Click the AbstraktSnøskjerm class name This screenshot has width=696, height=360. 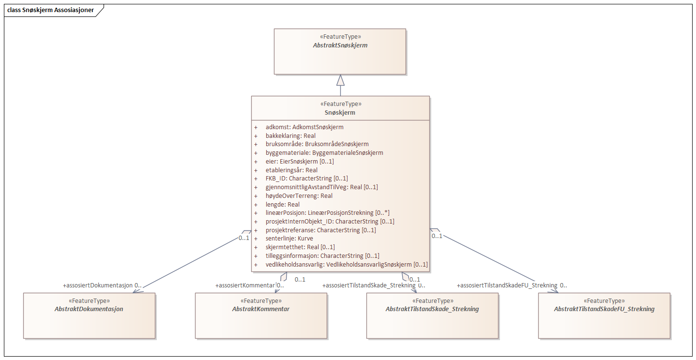coord(340,45)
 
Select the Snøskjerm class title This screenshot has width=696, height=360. coord(340,112)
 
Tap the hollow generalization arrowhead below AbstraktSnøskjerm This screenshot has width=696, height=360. coord(340,80)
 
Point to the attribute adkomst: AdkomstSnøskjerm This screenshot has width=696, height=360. coord(304,127)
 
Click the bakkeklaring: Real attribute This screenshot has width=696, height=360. coord(290,136)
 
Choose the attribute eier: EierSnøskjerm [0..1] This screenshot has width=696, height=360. coord(300,162)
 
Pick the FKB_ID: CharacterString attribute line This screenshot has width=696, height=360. coord(306,179)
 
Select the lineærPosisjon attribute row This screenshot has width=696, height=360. coord(328,213)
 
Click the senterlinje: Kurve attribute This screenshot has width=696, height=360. coord(289,239)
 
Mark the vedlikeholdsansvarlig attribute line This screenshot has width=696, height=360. coord(347,265)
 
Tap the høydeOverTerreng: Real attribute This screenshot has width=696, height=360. coord(299,196)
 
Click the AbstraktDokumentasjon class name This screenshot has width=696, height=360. coord(89,309)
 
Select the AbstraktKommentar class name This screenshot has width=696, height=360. coord(261,309)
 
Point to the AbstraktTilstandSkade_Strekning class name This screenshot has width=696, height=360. coord(432,309)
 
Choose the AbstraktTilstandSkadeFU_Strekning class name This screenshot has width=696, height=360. coord(604,309)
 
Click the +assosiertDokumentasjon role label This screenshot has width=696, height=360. coord(98,285)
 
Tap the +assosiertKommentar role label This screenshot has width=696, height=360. coord(245,285)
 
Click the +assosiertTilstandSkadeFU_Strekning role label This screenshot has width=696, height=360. coord(507,285)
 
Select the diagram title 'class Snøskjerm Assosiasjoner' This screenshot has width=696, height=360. coord(51,10)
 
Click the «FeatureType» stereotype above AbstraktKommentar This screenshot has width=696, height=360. coord(261,300)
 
